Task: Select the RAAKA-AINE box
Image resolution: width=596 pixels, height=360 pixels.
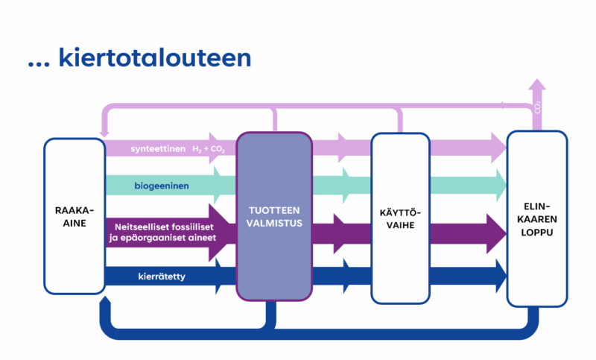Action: tap(74, 216)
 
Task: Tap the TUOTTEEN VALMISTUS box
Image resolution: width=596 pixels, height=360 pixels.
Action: tap(273, 216)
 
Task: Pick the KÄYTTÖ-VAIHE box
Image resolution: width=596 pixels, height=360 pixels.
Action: tap(401, 218)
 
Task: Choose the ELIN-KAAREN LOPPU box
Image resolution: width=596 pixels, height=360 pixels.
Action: tap(536, 218)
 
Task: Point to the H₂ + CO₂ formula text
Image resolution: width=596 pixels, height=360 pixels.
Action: tap(209, 149)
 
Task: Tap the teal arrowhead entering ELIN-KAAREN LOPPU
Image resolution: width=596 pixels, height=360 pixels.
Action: tap(498, 184)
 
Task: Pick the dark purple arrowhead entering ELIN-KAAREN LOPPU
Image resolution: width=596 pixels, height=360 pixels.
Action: tap(497, 230)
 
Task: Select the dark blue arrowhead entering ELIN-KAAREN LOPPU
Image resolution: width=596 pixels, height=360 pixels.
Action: tap(497, 277)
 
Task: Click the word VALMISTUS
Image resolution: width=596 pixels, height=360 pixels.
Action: tap(273, 222)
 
